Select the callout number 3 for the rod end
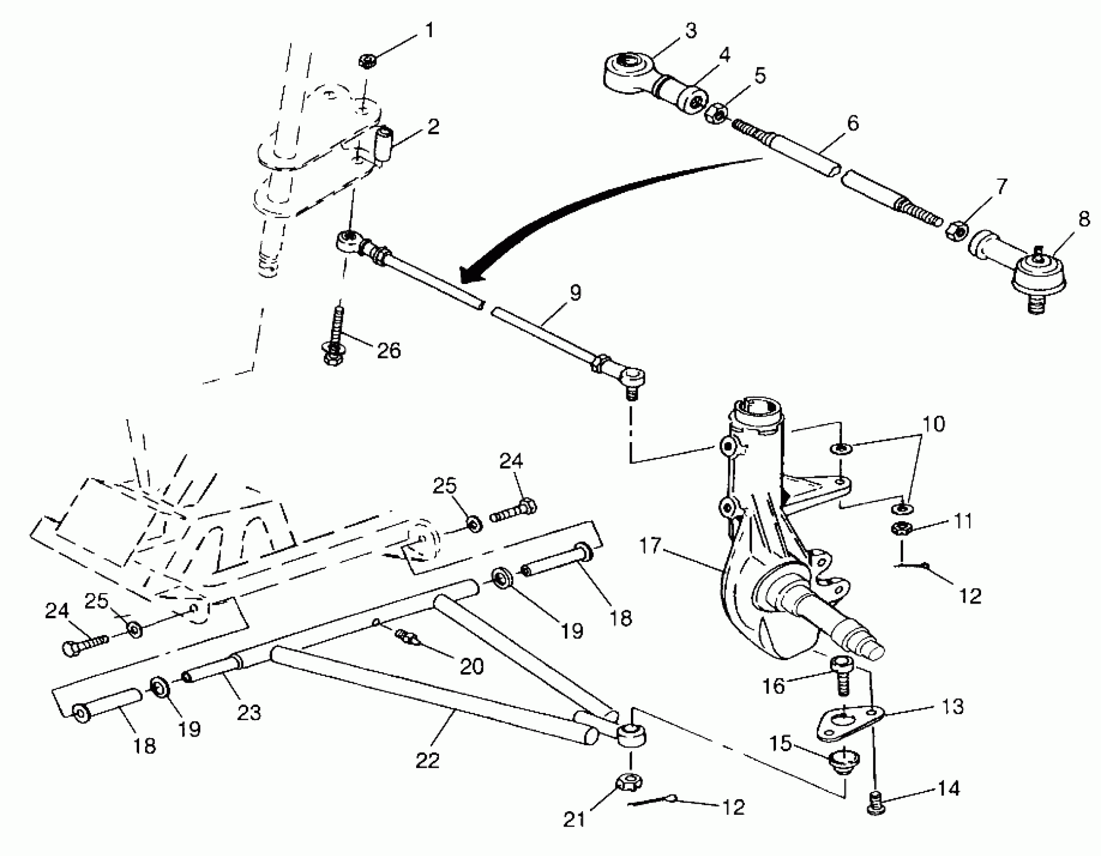click(x=691, y=31)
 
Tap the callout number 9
click(x=575, y=293)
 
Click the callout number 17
click(x=651, y=545)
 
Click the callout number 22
click(x=427, y=760)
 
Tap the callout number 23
click(x=248, y=712)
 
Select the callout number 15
click(x=781, y=743)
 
